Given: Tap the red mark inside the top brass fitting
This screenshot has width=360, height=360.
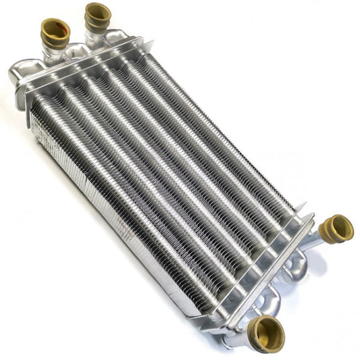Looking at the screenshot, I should pyautogui.click(x=60, y=29).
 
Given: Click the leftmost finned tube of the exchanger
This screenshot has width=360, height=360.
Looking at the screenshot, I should pyautogui.click(x=101, y=196).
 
